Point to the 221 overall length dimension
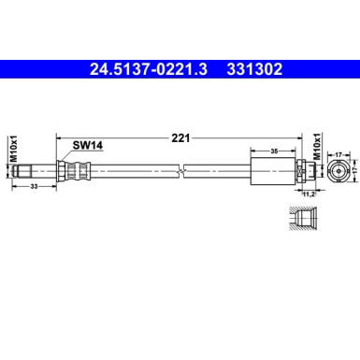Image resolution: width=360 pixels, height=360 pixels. (x=180, y=138)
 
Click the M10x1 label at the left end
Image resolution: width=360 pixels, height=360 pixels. (x=13, y=150)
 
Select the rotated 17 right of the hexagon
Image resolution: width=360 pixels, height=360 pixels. (x=354, y=169)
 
